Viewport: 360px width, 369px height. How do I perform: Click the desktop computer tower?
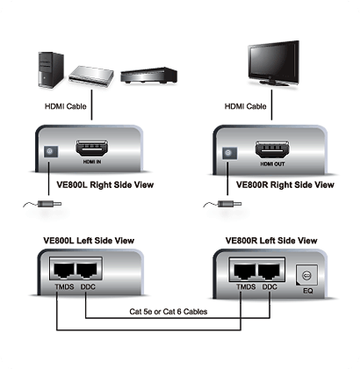point(51,69)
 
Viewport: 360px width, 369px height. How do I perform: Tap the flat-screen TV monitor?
point(274,63)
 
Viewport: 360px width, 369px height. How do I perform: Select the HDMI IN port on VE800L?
point(91,148)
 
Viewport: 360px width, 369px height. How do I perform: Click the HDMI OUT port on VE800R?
point(271,150)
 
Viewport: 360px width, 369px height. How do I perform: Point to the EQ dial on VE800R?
point(306,275)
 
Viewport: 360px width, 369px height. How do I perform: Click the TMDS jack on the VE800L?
point(64,271)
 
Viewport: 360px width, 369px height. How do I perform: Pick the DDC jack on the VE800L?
point(87,271)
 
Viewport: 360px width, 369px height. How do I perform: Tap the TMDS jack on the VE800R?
point(245,271)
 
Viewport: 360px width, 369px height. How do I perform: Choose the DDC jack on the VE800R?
point(269,271)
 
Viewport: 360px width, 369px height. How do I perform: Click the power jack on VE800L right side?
point(51,151)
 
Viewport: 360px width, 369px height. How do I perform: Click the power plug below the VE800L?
point(49,204)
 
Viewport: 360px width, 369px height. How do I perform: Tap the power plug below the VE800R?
point(229,204)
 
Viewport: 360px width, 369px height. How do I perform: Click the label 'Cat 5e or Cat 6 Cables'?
point(169,312)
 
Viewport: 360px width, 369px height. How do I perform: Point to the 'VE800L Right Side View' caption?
point(105,184)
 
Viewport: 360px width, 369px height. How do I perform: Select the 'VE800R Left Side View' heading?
point(271,241)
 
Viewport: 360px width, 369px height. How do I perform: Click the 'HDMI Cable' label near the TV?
point(245,106)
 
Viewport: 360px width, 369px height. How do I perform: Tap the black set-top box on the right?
point(148,76)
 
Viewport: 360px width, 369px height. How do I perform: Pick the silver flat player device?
point(91,76)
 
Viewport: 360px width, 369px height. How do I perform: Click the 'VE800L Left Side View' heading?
point(89,241)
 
